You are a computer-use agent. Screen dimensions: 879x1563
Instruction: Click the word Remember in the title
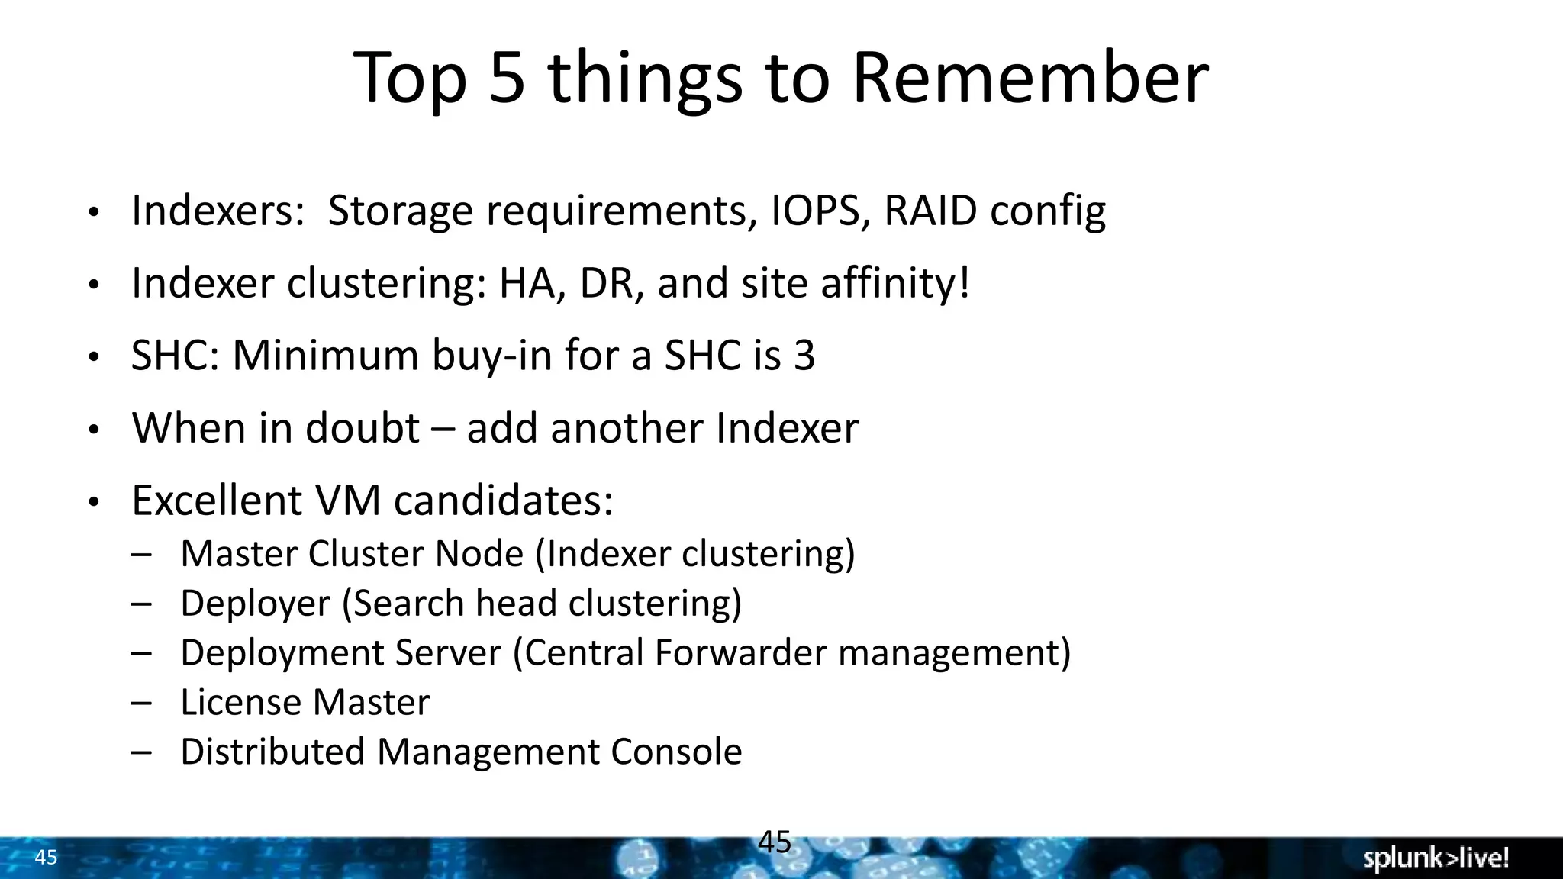[1030, 78]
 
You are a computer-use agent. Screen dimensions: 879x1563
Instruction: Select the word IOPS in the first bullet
[815, 211]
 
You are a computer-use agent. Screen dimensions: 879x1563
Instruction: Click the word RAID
[930, 211]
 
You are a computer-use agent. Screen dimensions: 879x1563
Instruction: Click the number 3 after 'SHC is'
[804, 356]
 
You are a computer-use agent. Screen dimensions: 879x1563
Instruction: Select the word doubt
[362, 428]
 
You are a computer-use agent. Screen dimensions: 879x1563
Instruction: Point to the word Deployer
[255, 604]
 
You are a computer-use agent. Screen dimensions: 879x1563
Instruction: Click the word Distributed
[272, 752]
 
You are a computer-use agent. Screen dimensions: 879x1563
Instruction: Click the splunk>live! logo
[1436, 858]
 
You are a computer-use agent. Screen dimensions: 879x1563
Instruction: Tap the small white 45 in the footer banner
[46, 858]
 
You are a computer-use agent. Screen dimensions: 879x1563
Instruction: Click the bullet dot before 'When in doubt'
[93, 430]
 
